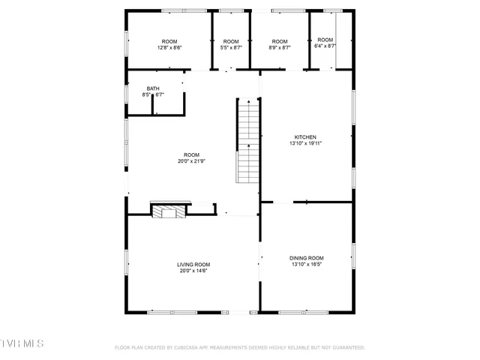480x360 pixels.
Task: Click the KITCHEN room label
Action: (x=304, y=136)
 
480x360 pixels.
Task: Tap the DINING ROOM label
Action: (x=307, y=258)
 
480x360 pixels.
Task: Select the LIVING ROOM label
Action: (x=193, y=264)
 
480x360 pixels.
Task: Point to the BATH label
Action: (x=153, y=88)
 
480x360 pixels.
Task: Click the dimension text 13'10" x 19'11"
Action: (x=305, y=143)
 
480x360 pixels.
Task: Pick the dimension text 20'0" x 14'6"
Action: (x=193, y=271)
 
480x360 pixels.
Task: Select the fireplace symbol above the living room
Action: (x=168, y=212)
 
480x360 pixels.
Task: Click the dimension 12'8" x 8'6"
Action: (x=169, y=47)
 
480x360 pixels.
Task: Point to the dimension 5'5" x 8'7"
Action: (x=231, y=47)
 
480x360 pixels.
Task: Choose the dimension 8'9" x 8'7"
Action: (x=279, y=47)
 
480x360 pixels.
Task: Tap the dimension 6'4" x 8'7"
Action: (x=325, y=45)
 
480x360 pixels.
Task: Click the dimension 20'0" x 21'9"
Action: (x=192, y=160)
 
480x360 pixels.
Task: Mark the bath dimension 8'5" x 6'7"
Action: (x=153, y=94)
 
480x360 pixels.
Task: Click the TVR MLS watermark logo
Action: (x=22, y=343)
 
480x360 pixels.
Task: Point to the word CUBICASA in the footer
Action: (x=191, y=348)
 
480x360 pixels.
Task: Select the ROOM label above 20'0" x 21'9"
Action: (x=192, y=154)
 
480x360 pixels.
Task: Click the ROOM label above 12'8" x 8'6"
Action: (x=169, y=40)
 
